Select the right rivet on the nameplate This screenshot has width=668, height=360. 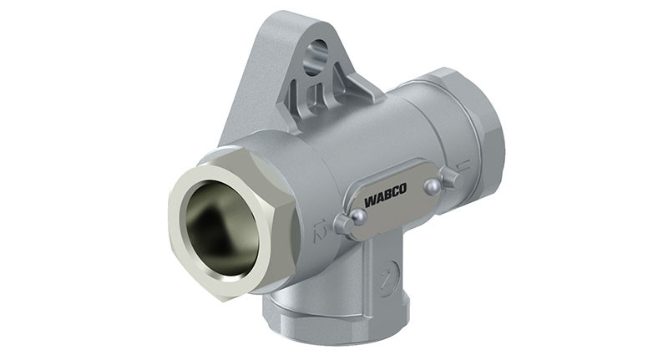click(x=432, y=188)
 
